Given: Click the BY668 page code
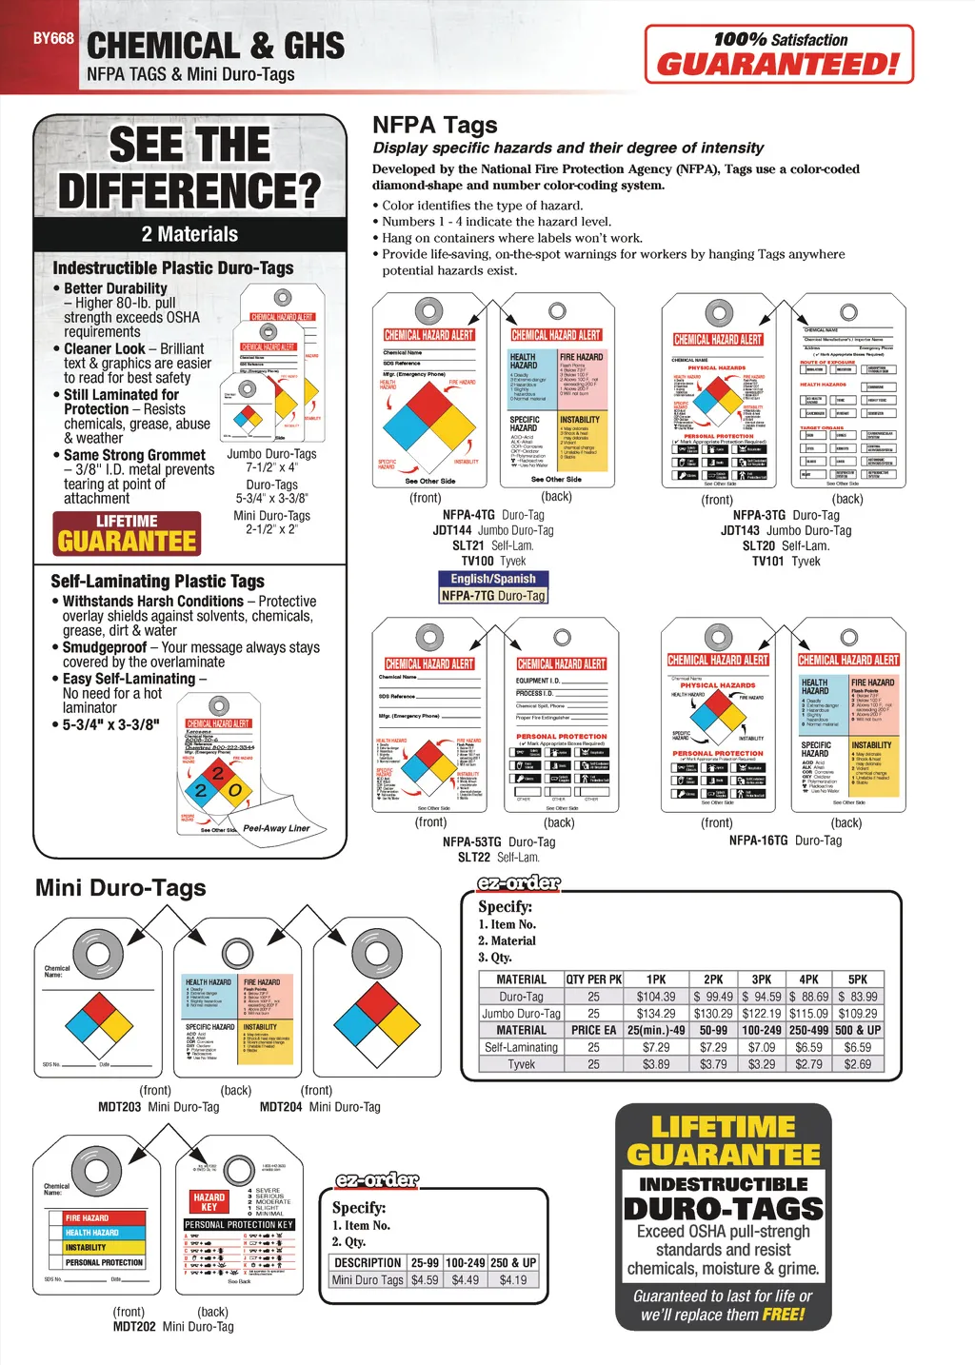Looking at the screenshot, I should point(53,39).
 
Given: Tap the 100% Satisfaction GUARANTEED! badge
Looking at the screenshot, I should point(779,53).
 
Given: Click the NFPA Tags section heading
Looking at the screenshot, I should point(434,125).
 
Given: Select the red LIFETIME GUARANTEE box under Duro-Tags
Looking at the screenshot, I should point(127,534).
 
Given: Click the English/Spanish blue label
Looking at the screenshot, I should point(493,579).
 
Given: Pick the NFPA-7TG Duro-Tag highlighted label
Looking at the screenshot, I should point(493,596).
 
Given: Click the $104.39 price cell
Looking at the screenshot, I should point(656,997).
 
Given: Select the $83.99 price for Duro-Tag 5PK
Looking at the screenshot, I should point(858,997).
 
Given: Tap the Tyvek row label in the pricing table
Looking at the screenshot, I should point(521,1064).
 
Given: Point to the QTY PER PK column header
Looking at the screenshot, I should point(593,979).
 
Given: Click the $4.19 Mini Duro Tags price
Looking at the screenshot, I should point(513,1280).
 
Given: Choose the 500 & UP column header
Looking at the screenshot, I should point(858,1030).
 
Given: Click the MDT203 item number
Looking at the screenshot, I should point(119,1107).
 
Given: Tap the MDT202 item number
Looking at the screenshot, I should point(134,1326).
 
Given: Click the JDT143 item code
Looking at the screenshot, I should point(740,530).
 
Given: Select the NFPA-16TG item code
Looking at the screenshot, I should point(758,841).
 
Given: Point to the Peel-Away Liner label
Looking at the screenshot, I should point(276,828).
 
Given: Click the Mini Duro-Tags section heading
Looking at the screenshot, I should point(121,888).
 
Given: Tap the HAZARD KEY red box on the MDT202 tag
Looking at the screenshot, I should point(209,1201).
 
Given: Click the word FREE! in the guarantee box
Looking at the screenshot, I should point(783,1315).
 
